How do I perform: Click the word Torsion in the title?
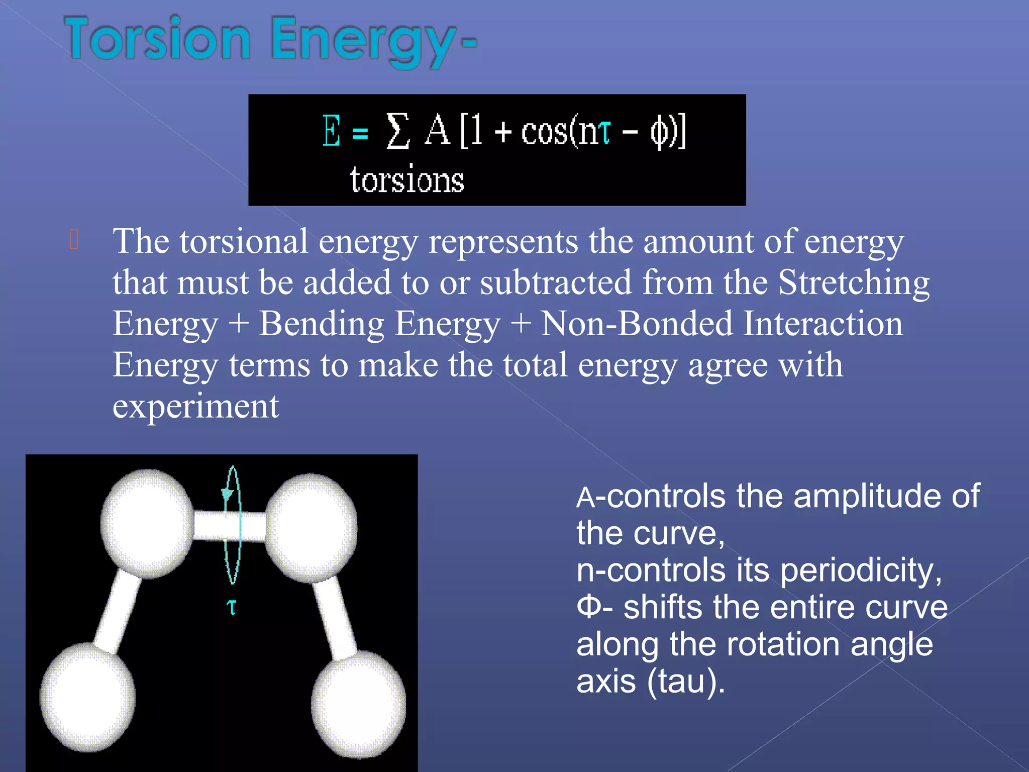tap(158, 39)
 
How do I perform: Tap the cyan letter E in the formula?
tap(331, 131)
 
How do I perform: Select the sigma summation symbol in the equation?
tap(397, 131)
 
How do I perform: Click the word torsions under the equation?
tap(407, 180)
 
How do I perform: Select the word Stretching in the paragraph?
tap(854, 282)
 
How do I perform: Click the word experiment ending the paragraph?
tap(195, 406)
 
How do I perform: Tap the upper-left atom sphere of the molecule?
tap(147, 523)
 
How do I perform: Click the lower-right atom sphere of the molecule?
tap(359, 704)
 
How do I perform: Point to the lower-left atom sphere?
tap(87, 698)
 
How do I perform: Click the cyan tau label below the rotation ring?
tap(232, 607)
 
